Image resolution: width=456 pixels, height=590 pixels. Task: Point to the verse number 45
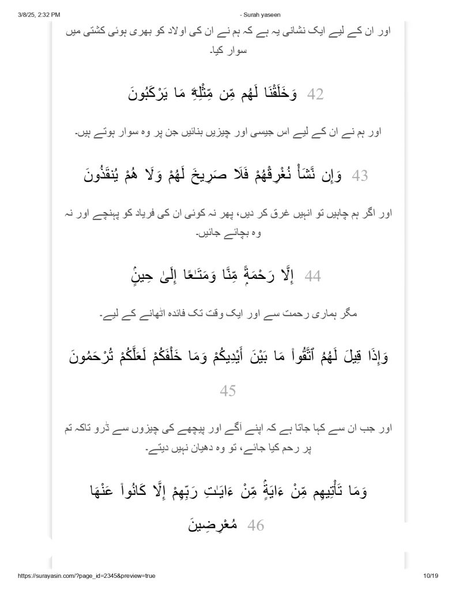pos(228,391)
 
